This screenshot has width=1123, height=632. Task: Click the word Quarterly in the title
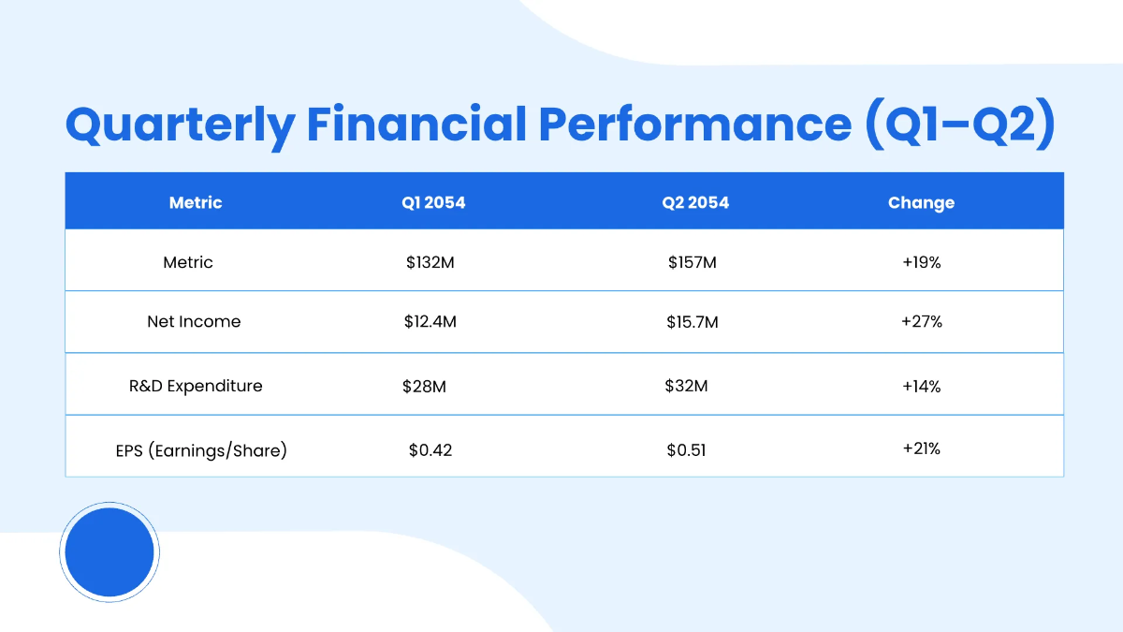pyautogui.click(x=179, y=125)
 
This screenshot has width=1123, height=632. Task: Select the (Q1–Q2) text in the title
pyautogui.click(x=959, y=125)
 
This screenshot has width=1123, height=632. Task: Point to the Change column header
pyautogui.click(x=921, y=202)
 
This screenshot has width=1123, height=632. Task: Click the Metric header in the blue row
pyautogui.click(x=196, y=202)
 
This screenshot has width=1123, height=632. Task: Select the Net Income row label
pyautogui.click(x=194, y=321)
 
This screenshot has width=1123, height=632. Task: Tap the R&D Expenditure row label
pyautogui.click(x=196, y=386)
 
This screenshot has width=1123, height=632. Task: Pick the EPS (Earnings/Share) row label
pyautogui.click(x=196, y=450)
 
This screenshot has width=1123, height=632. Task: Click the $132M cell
pyautogui.click(x=430, y=263)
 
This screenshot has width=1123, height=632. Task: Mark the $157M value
pyautogui.click(x=692, y=263)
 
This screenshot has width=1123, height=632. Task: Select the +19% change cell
pyautogui.click(x=921, y=263)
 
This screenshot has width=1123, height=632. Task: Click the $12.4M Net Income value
pyautogui.click(x=430, y=322)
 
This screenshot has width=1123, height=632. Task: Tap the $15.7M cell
pyautogui.click(x=692, y=322)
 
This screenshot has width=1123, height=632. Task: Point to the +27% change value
pyautogui.click(x=921, y=321)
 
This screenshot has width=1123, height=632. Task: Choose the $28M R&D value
pyautogui.click(x=424, y=386)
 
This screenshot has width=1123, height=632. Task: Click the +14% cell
pyautogui.click(x=921, y=386)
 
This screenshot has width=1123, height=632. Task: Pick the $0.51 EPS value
pyautogui.click(x=686, y=450)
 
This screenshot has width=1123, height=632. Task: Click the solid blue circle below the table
pyautogui.click(x=109, y=552)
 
